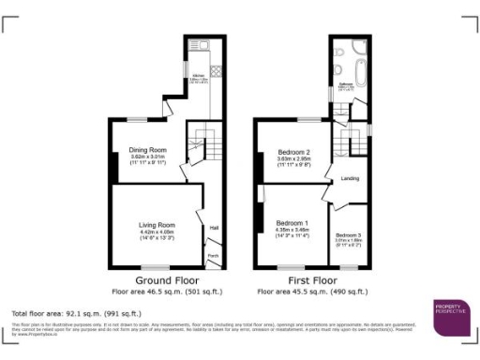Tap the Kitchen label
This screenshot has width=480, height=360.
[199, 75]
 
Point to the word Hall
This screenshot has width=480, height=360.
[214, 228]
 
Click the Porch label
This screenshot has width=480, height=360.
[213, 256]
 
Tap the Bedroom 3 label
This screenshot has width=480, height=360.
[348, 234]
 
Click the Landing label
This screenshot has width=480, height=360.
[351, 177]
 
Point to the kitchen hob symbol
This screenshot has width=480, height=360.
[214, 70]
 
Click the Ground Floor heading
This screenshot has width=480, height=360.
[165, 280]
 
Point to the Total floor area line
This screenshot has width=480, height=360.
[76, 312]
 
